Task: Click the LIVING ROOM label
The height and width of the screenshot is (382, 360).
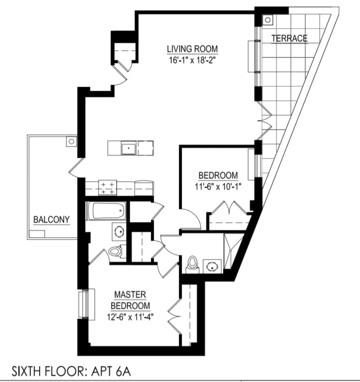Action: pos(192,49)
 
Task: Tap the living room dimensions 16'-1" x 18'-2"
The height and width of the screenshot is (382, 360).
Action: pos(192,60)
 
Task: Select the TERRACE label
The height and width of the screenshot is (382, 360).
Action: pos(289,38)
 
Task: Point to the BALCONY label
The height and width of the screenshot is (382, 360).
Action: pos(52,220)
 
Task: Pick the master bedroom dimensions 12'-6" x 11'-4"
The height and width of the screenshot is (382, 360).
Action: pos(130,317)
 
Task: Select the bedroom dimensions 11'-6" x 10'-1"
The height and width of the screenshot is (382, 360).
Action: pos(218,186)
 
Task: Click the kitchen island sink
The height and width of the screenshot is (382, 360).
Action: pos(128,148)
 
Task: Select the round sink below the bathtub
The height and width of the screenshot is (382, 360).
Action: pos(119,232)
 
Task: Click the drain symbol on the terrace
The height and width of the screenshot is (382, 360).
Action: pos(268,20)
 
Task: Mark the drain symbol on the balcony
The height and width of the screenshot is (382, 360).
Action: pos(71,141)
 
